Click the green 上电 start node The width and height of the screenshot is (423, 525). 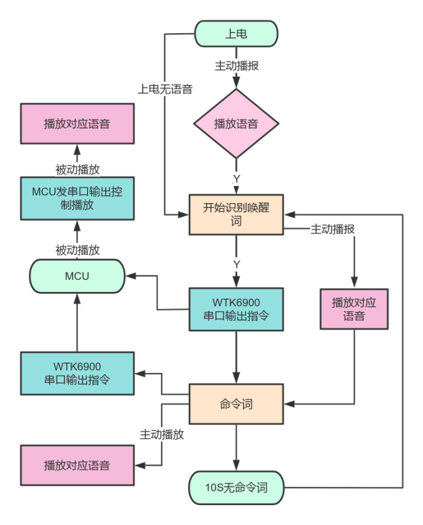(x=236, y=34)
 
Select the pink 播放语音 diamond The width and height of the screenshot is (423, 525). (x=236, y=124)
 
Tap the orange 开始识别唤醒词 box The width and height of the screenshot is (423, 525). (x=236, y=214)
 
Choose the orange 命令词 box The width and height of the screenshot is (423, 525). (x=236, y=404)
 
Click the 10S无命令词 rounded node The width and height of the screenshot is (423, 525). (x=236, y=487)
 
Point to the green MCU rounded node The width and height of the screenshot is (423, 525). (x=77, y=276)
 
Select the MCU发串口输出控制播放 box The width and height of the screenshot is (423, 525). (x=77, y=198)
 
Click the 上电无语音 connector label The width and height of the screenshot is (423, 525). (x=165, y=89)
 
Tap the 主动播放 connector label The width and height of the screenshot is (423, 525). (x=162, y=434)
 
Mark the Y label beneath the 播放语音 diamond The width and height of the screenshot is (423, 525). (x=237, y=179)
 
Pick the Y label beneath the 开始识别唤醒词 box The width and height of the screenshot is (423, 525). (x=237, y=264)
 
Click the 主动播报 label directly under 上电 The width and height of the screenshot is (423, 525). (x=237, y=66)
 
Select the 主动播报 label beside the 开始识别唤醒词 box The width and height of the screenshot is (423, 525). (x=332, y=229)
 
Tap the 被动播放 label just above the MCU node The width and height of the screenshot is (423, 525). (x=77, y=250)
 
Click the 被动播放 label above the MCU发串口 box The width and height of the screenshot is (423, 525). (x=77, y=169)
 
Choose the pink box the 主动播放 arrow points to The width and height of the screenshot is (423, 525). (x=77, y=465)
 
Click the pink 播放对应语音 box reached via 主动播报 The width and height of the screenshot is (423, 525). (x=354, y=309)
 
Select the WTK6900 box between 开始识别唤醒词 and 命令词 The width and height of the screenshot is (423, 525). (x=236, y=309)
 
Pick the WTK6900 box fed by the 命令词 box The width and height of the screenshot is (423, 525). (x=77, y=373)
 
